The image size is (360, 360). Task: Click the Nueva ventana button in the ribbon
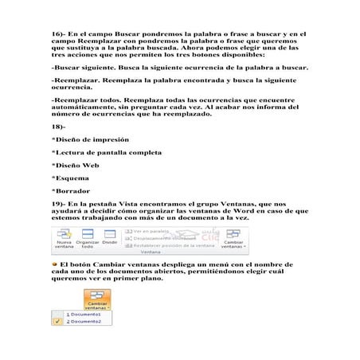coord(64,240)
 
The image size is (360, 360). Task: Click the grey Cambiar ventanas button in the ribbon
coord(233,239)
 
